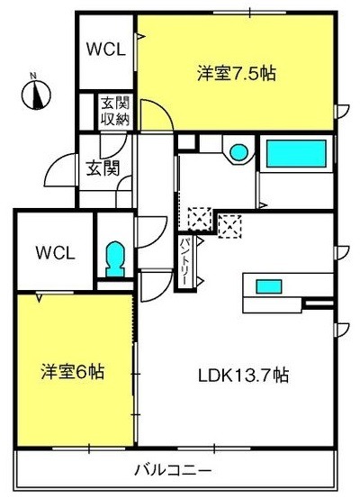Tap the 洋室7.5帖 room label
click(237, 73)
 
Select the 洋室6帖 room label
click(73, 371)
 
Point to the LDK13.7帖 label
click(244, 376)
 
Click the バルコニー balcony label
click(173, 470)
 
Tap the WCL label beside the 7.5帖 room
click(106, 50)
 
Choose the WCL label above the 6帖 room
click(55, 252)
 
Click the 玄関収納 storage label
click(115, 111)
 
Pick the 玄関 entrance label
click(103, 168)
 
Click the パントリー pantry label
click(185, 261)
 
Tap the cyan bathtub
click(296, 153)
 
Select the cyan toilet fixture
click(114, 258)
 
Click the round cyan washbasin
click(238, 152)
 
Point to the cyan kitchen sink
click(269, 286)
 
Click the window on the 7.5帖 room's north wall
click(249, 13)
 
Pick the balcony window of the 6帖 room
click(89, 448)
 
